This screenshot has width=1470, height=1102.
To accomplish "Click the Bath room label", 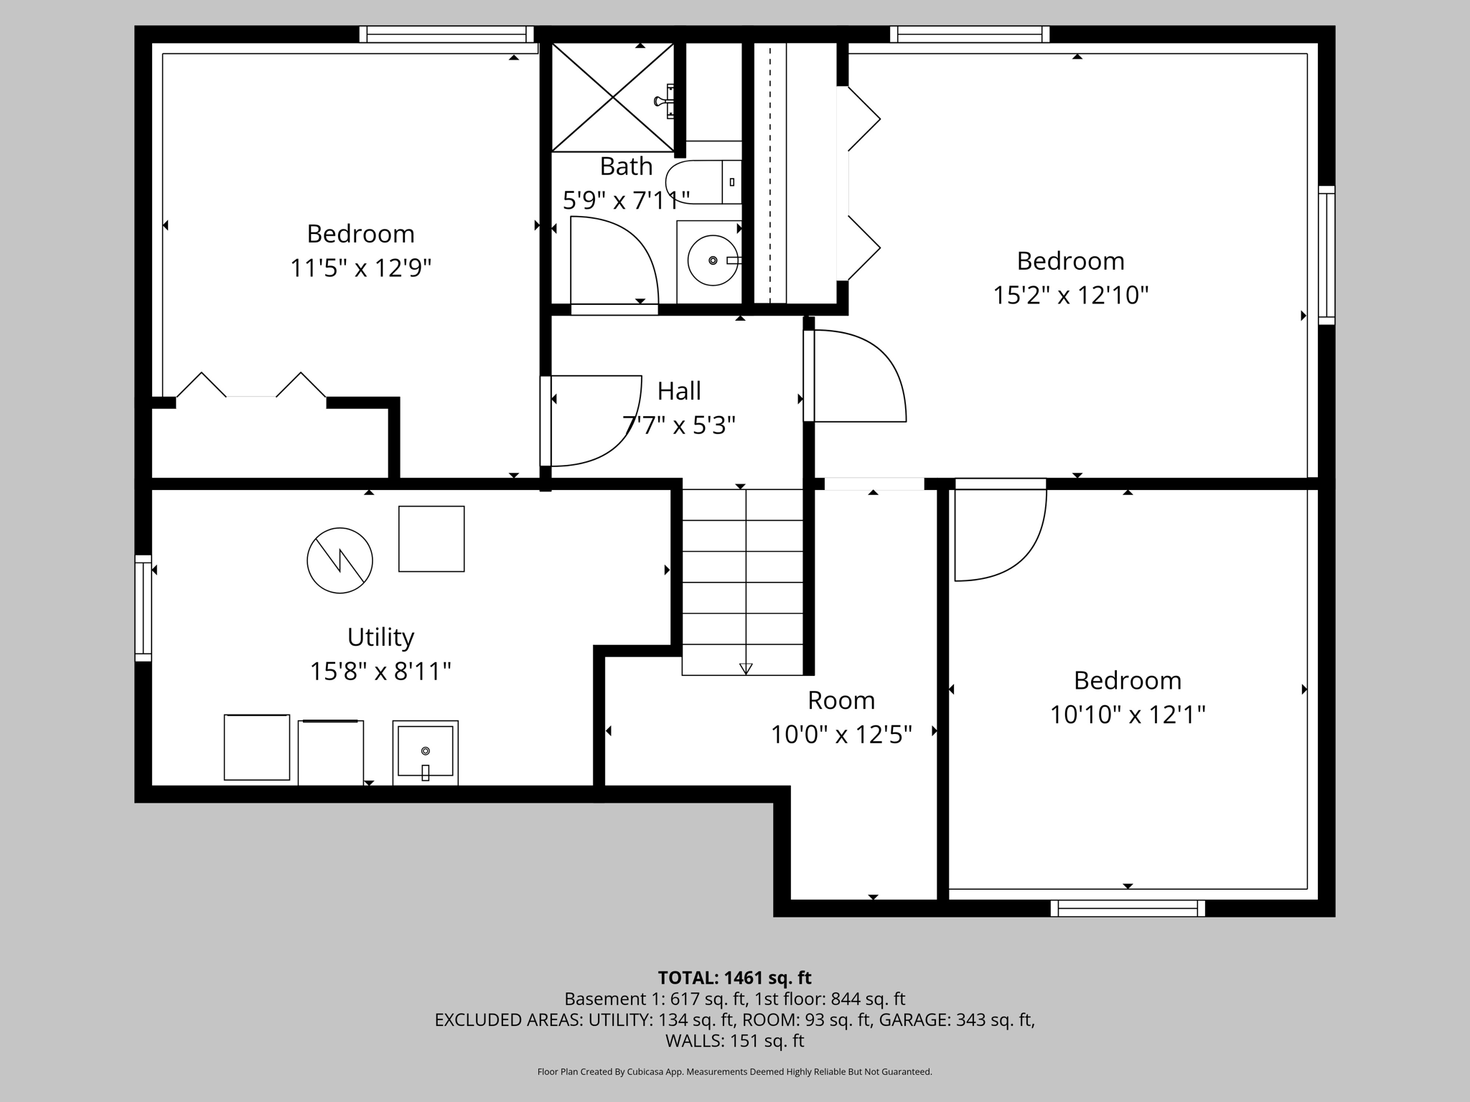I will [626, 166].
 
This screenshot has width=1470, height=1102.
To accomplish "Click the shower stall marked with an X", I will [612, 97].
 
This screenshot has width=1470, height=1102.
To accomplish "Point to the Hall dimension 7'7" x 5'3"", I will [678, 425].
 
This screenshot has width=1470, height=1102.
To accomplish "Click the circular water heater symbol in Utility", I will [340, 560].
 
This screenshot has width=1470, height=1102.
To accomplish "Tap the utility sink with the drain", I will [425, 753].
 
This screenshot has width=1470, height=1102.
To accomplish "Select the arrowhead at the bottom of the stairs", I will [745, 669].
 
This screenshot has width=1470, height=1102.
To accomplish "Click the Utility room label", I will [380, 637].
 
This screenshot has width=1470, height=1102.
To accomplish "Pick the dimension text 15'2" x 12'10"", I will [1070, 295].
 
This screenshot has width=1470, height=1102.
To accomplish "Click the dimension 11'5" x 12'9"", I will [360, 268].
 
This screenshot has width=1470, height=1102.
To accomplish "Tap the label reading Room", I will [841, 700].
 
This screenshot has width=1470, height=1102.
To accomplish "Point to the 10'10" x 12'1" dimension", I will [1127, 715].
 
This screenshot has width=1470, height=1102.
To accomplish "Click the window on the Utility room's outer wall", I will [144, 608].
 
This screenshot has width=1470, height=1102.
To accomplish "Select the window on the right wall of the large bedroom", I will [1326, 255].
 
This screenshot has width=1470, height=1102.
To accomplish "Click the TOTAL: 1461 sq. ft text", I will [734, 978].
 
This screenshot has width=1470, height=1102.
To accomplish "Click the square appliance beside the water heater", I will [431, 539].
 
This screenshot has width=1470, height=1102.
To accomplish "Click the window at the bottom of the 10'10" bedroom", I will [1128, 908].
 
